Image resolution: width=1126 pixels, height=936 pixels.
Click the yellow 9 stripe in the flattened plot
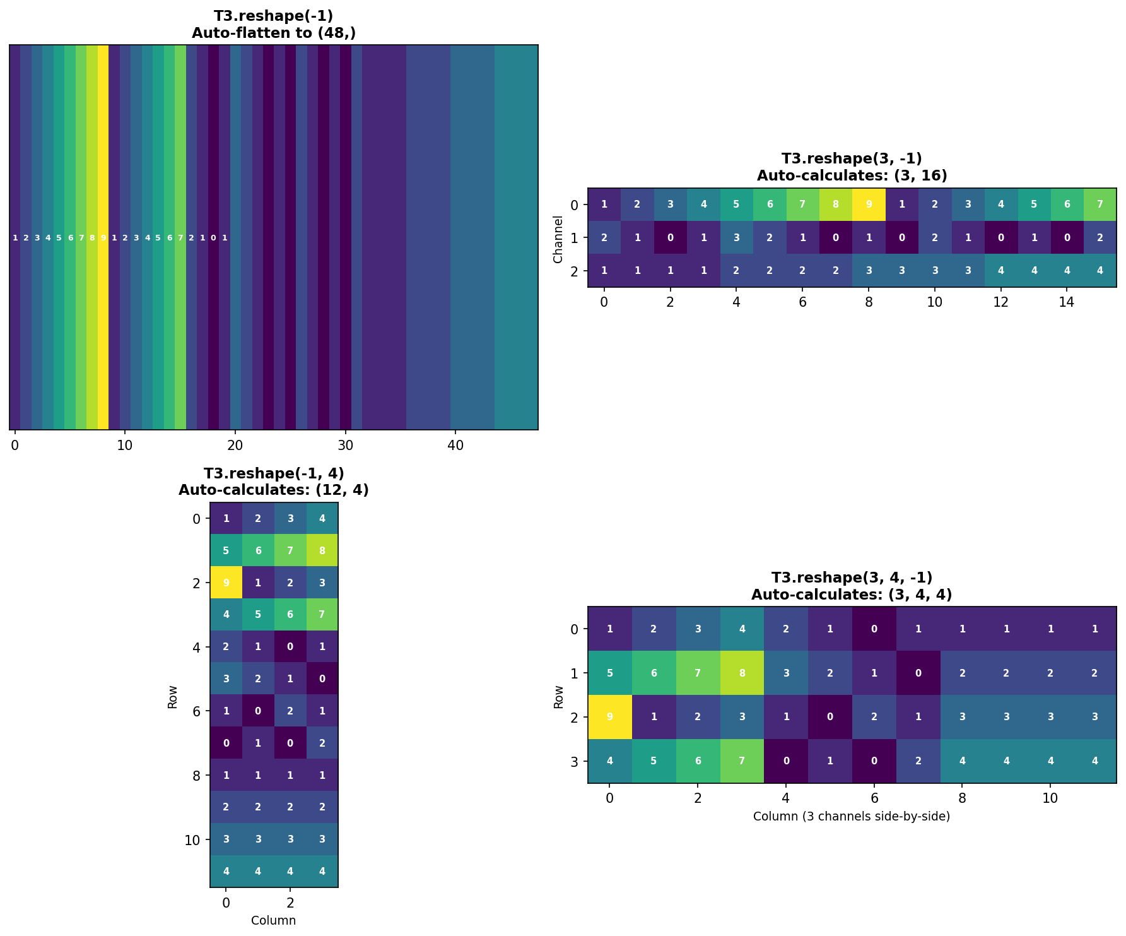click(103, 238)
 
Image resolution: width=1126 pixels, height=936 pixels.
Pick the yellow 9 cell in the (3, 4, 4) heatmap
click(609, 717)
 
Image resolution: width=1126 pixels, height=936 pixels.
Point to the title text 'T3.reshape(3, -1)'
click(852, 159)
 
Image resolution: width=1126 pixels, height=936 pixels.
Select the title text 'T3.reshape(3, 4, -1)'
click(852, 578)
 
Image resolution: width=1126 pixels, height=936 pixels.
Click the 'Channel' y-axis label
click(558, 239)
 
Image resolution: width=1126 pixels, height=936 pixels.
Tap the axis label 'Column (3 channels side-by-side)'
click(852, 817)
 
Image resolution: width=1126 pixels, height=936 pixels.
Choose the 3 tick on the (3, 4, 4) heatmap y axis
click(574, 761)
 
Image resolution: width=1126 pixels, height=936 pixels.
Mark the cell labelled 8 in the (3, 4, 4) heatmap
click(742, 673)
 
